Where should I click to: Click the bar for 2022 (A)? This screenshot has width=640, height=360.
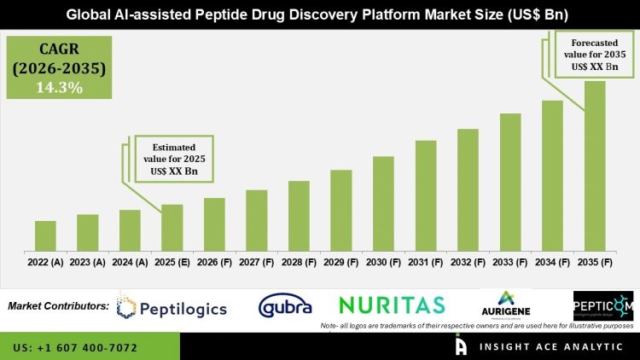pos(45,235)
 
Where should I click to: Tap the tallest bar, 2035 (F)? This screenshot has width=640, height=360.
pos(594,165)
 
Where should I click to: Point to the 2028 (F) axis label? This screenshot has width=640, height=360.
pos(298,263)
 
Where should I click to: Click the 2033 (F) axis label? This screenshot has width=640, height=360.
pos(509,263)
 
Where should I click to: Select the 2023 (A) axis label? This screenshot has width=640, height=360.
pos(87,263)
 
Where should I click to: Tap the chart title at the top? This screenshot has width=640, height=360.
pos(319,14)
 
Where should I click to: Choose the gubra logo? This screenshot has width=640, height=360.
pos(285,305)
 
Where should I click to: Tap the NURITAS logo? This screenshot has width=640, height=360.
pos(391,305)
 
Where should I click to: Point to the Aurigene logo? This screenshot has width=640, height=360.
pos(507,305)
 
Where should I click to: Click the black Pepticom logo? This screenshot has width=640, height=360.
pos(603,305)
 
